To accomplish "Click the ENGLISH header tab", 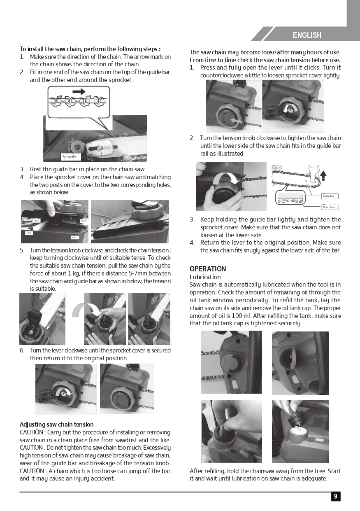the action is click(x=307, y=35).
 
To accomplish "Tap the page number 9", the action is click(x=336, y=497).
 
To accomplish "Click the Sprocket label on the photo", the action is click(x=69, y=157).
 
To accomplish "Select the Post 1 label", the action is click(x=36, y=221).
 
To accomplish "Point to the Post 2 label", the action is click(x=84, y=221).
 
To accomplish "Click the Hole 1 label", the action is click(x=28, y=233).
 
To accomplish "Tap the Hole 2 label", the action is click(x=74, y=237).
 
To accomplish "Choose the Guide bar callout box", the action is click(x=330, y=196).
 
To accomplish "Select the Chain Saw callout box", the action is click(x=330, y=207).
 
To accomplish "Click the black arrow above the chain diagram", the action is click(x=79, y=92).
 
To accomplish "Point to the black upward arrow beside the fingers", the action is click(x=323, y=176).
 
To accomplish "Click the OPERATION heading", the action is click(x=208, y=269).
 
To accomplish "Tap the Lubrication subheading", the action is click(x=205, y=277).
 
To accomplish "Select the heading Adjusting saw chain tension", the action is click(x=56, y=424).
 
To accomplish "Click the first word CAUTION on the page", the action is click(x=31, y=432).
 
